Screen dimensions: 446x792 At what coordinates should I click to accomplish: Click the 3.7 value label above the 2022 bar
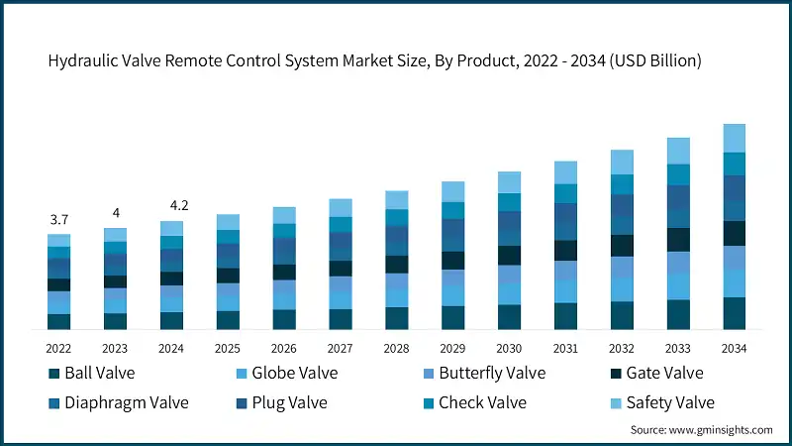pyautogui.click(x=58, y=219)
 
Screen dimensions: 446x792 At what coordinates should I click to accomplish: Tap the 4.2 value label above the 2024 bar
pyautogui.click(x=171, y=205)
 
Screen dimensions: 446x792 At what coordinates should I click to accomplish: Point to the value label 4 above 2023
pyautogui.click(x=115, y=213)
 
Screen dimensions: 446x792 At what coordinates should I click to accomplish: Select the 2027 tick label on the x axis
pyautogui.click(x=341, y=349)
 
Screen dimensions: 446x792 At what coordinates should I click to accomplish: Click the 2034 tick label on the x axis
pyautogui.click(x=734, y=349)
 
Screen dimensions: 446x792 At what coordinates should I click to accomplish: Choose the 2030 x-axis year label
pyautogui.click(x=509, y=349)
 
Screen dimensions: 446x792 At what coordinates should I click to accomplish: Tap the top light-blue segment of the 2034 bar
pyautogui.click(x=734, y=138)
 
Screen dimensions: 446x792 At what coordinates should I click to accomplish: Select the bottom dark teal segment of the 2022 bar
pyautogui.click(x=58, y=321)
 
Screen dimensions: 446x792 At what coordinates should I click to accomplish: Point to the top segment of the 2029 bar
pyautogui.click(x=452, y=191)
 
